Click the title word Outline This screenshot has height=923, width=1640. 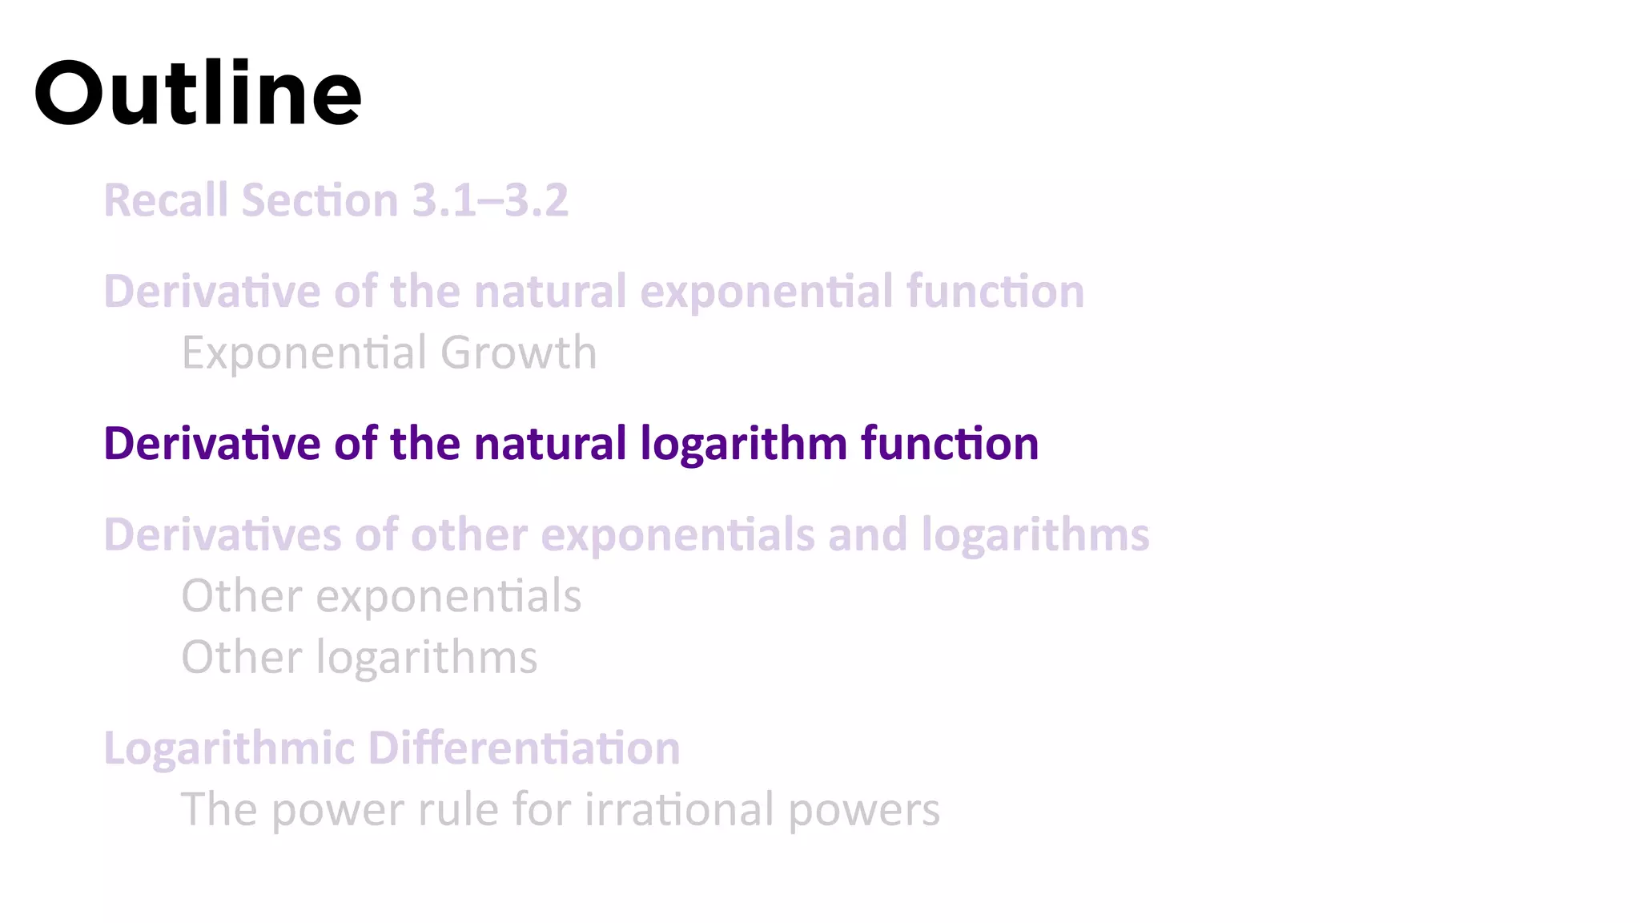198,95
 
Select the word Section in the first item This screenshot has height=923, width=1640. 320,200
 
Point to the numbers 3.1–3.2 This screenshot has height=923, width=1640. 490,200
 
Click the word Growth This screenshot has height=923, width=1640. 518,353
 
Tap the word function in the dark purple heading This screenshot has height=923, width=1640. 950,444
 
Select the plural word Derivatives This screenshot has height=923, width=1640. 223,534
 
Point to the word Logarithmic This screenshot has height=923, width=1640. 229,748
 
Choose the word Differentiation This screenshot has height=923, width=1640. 524,748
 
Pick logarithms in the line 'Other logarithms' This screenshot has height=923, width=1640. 427,659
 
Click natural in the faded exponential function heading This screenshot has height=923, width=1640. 550,291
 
